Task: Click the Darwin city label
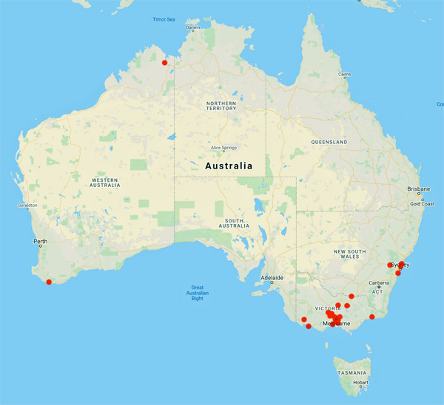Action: coord(193,28)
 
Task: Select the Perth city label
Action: coord(40,242)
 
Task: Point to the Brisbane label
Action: coord(418,188)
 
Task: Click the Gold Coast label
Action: coord(422,203)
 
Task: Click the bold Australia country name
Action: coord(228,166)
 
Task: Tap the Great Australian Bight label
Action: coord(198,293)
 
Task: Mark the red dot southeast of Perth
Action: coord(49,282)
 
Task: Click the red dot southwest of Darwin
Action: coord(165,62)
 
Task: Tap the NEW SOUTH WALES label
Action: coord(351,253)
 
